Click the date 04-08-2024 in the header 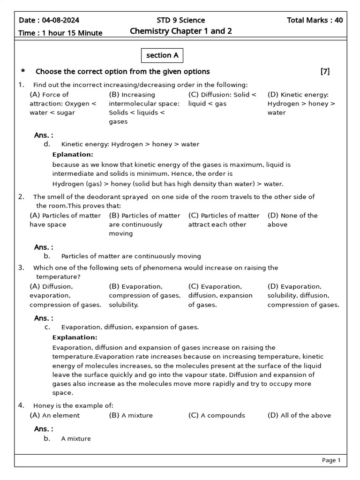click(60, 20)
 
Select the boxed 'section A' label click(162, 55)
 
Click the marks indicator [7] click(325, 71)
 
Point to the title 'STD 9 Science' click(180, 20)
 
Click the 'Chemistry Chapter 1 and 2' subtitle click(180, 31)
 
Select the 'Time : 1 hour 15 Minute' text click(60, 33)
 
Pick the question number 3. click(21, 268)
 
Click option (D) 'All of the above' click(299, 415)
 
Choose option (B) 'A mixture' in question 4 click(131, 415)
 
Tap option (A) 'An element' click(54, 415)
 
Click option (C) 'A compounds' click(217, 415)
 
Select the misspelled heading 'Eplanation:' click(73, 154)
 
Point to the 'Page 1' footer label click(331, 460)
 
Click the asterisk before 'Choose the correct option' click(22, 72)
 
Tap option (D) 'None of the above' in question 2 click(292, 220)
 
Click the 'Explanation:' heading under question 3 click(75, 337)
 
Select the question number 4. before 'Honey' click(21, 405)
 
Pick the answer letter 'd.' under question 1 click(47, 144)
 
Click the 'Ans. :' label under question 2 click(44, 247)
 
